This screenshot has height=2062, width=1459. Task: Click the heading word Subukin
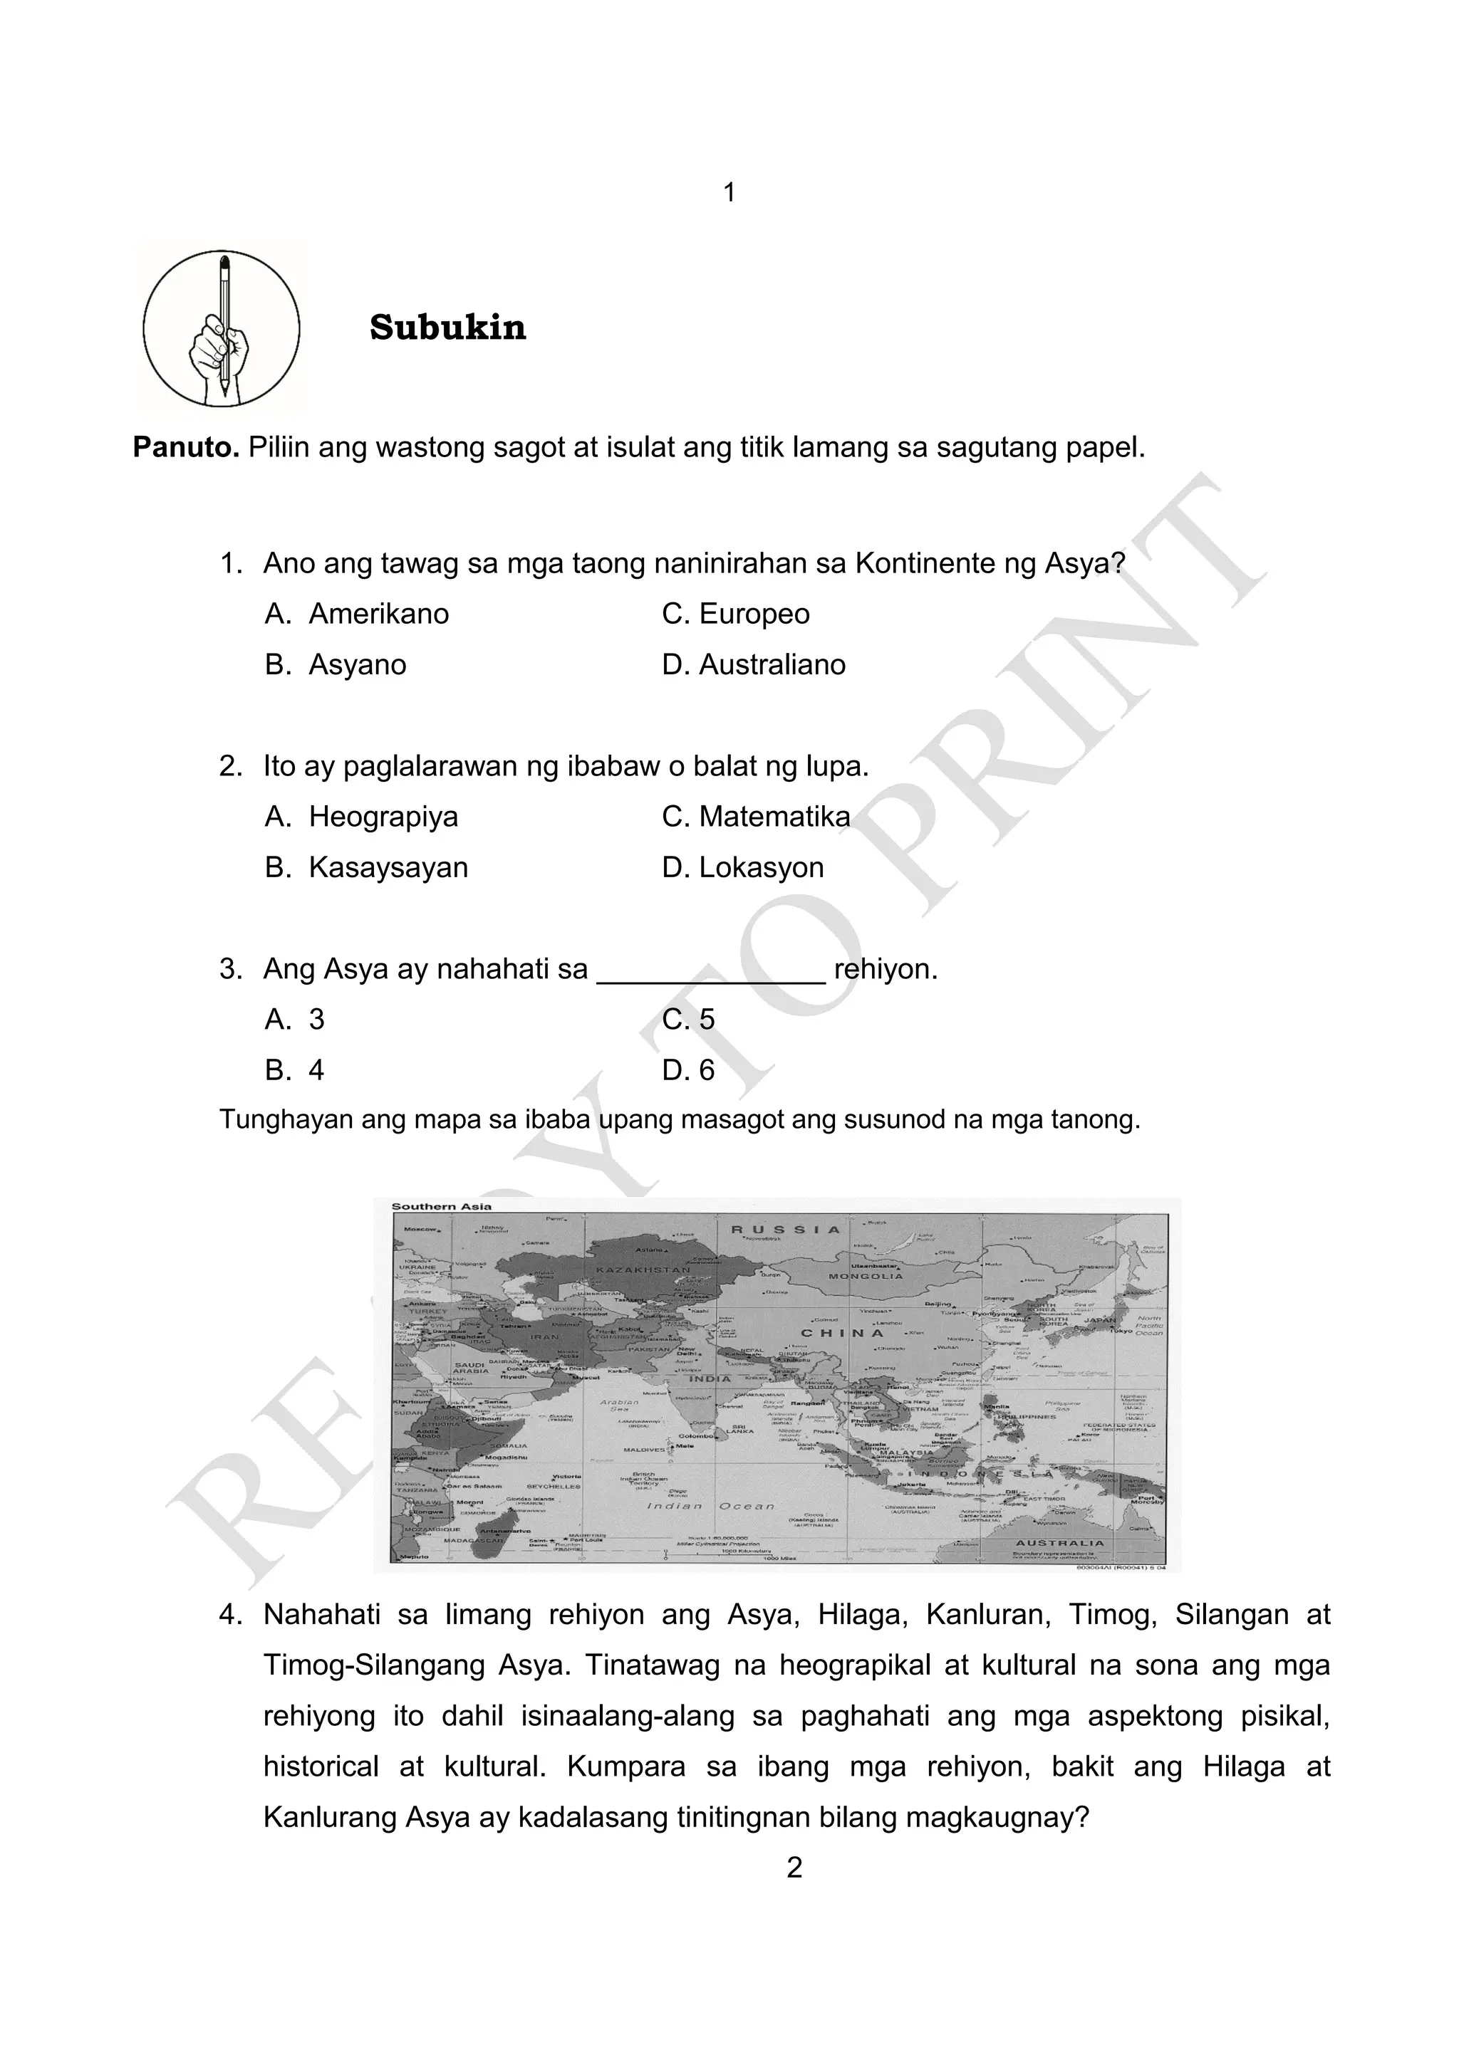point(447,328)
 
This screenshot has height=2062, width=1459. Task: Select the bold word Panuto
point(185,447)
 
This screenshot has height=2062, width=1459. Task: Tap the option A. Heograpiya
point(361,817)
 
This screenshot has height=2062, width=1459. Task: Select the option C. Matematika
point(756,817)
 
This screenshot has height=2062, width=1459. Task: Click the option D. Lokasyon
point(742,867)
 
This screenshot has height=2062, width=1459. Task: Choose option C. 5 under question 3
point(688,1020)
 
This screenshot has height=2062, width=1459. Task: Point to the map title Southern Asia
point(441,1206)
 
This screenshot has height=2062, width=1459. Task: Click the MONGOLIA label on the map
point(865,1276)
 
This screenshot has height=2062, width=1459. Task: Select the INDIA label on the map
point(710,1378)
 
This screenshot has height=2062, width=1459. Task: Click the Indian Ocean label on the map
point(710,1506)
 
